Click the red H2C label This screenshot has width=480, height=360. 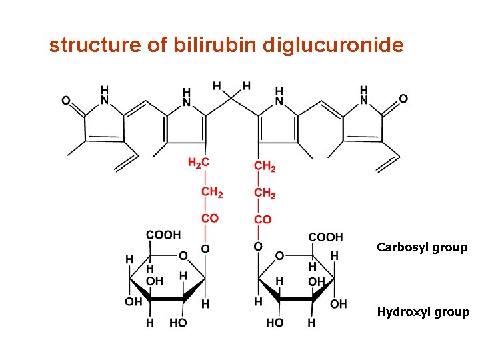click(199, 163)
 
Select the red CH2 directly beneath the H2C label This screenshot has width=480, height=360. click(212, 193)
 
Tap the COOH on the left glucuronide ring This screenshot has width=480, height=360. click(163, 235)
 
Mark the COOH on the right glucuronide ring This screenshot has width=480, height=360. click(325, 237)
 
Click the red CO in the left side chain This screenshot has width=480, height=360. click(209, 219)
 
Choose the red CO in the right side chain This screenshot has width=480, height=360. click(263, 219)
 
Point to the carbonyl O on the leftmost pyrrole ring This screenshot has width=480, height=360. click(66, 100)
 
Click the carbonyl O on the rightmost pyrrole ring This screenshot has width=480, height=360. click(403, 99)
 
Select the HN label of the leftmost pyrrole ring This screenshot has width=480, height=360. click(104, 95)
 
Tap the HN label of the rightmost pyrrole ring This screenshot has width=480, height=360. click(364, 95)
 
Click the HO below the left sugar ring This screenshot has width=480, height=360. click(178, 323)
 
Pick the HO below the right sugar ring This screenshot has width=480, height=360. click(275, 323)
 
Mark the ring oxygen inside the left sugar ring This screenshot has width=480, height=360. click(183, 256)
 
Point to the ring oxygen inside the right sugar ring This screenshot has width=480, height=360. click(280, 256)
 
